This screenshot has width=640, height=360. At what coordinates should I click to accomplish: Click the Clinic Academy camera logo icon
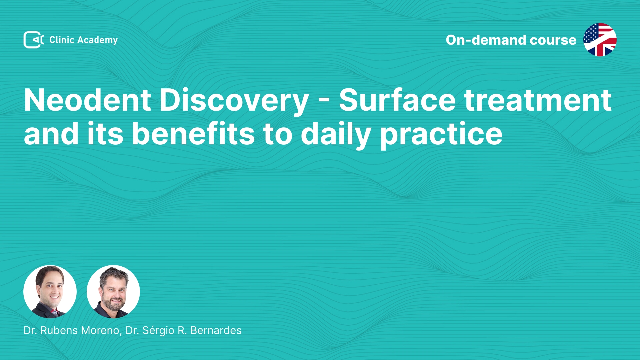(34, 40)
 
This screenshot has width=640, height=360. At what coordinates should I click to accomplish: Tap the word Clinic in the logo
(62, 40)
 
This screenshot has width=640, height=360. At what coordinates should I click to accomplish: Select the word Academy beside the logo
(97, 40)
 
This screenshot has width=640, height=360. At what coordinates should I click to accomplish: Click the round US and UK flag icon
(600, 40)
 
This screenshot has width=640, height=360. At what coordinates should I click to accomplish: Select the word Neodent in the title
(87, 100)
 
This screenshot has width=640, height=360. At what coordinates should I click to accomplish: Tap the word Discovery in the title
(234, 102)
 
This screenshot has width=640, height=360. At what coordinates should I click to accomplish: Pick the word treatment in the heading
(538, 100)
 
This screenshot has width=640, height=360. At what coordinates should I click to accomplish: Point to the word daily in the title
(336, 135)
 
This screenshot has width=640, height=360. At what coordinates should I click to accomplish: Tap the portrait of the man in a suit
(50, 292)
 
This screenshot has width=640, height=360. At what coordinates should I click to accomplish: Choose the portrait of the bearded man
(113, 292)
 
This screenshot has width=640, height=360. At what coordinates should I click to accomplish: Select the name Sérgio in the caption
(158, 331)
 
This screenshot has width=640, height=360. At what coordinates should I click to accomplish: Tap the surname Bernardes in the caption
(216, 330)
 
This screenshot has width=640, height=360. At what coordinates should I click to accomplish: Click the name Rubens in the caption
(59, 330)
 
